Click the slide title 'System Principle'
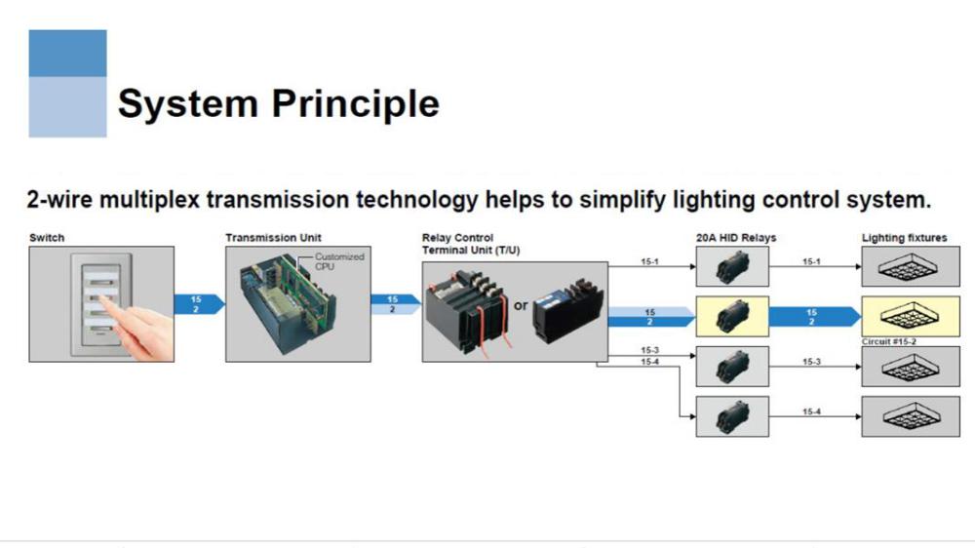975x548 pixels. click(x=278, y=102)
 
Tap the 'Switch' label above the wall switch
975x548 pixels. click(x=47, y=238)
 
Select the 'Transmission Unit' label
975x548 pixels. click(x=273, y=238)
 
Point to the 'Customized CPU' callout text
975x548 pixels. click(x=338, y=261)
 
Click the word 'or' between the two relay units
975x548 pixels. click(x=521, y=305)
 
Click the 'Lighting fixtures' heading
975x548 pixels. click(x=904, y=238)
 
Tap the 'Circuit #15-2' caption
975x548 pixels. click(x=888, y=342)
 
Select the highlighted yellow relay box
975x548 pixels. click(x=731, y=316)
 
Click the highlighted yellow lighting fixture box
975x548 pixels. click(x=911, y=315)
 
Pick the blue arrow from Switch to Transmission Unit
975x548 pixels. click(x=198, y=304)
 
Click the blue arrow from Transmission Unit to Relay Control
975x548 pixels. click(x=394, y=304)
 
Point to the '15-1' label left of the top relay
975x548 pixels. click(x=649, y=261)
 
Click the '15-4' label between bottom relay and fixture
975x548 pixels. click(x=811, y=412)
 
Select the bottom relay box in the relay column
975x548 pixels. click(x=731, y=416)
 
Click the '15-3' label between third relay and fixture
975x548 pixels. click(x=811, y=362)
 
